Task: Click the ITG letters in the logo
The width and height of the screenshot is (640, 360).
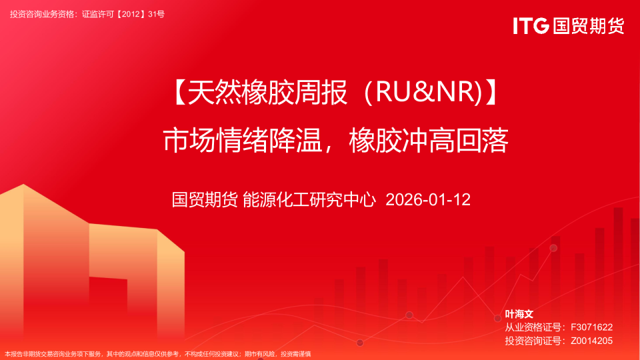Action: tap(531, 26)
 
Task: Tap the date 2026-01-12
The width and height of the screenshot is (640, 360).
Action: tap(428, 199)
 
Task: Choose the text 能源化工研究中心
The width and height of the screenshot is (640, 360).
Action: tap(310, 199)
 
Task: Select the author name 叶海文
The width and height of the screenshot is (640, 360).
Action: tap(519, 313)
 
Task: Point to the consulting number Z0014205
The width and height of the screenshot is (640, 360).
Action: tap(591, 340)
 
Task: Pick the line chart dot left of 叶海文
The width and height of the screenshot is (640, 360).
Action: tap(497, 318)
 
